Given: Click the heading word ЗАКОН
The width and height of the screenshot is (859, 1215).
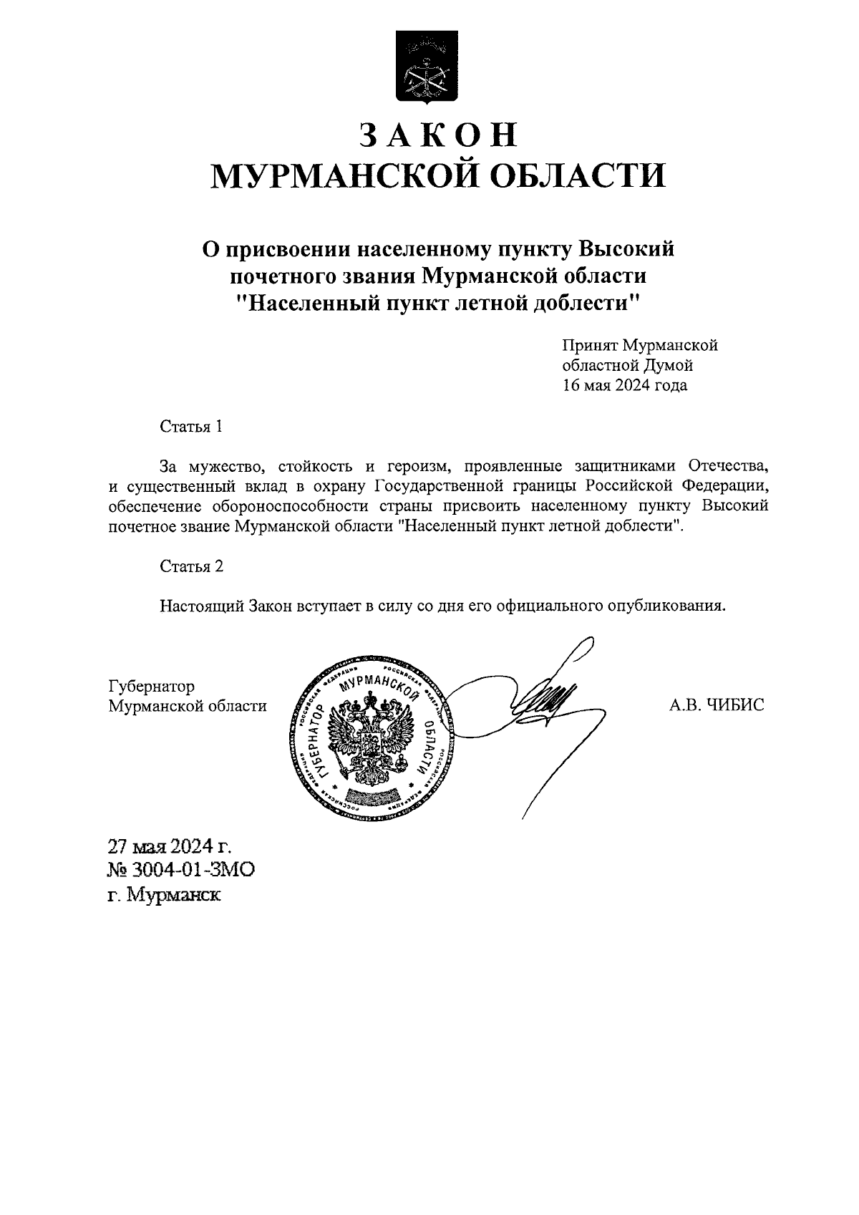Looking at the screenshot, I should tap(437, 135).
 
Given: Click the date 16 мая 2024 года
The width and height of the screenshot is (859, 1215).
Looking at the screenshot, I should tap(624, 386).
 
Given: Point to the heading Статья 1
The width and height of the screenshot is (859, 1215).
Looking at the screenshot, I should tap(191, 427).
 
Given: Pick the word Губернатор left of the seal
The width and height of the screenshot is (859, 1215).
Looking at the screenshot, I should tap(151, 687).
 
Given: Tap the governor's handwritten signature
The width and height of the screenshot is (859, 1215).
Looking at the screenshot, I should tap(548, 698).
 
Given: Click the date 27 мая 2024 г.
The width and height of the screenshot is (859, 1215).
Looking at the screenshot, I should tap(170, 847).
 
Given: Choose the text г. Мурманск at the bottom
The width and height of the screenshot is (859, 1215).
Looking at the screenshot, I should tap(165, 895).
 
